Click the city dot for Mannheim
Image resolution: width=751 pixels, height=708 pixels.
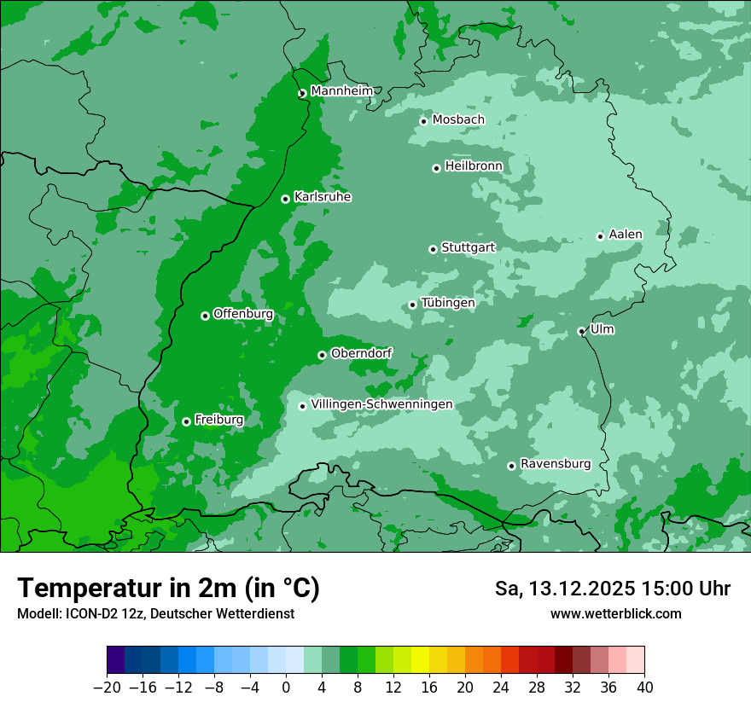[302, 94]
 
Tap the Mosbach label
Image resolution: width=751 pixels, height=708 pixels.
[458, 120]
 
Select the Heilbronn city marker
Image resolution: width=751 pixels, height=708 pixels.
[436, 168]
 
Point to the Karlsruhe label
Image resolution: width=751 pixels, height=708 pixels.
[323, 197]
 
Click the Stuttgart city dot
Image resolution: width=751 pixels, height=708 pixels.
[433, 249]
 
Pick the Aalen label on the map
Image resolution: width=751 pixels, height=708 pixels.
[626, 235]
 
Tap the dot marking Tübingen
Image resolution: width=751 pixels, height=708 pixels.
[412, 305]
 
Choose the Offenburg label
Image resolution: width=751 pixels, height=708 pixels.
[243, 314]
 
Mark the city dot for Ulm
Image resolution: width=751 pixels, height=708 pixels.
[581, 331]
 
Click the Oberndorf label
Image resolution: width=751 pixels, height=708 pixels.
[362, 353]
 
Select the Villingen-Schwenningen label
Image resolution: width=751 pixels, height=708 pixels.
[382, 404]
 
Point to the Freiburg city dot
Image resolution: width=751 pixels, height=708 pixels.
[186, 421]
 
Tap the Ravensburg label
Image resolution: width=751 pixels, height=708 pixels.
[556, 464]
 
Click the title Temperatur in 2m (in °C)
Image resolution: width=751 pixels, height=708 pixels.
[168, 589]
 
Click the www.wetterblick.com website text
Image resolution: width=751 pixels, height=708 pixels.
[616, 614]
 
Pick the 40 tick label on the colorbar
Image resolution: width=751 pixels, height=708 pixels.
[644, 687]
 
